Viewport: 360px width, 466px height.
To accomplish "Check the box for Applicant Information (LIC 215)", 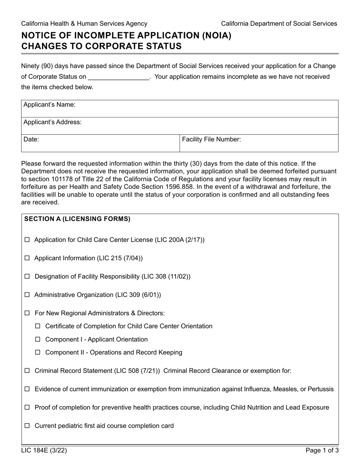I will [27, 258].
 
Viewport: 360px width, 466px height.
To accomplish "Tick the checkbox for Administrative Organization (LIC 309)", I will [27, 295].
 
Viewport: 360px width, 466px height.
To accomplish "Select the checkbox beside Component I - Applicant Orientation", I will [38, 339].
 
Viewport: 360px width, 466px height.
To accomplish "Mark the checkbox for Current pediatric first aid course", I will [27, 426].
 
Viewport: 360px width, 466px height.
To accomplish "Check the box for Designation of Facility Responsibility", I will [27, 277].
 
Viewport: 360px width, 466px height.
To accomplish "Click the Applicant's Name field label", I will [49, 105].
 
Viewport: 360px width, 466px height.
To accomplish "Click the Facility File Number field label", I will [211, 139].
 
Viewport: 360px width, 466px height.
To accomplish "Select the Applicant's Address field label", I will [52, 122].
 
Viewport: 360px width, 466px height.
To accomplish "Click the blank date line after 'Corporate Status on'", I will [119, 77].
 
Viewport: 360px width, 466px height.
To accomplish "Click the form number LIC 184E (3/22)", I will [44, 451].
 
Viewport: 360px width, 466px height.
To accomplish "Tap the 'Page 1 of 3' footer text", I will [322, 451].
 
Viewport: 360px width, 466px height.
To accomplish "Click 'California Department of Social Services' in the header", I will [279, 23].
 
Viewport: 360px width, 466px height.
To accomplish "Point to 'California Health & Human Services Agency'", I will [84, 23].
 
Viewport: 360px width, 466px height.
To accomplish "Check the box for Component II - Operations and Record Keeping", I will [38, 352].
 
